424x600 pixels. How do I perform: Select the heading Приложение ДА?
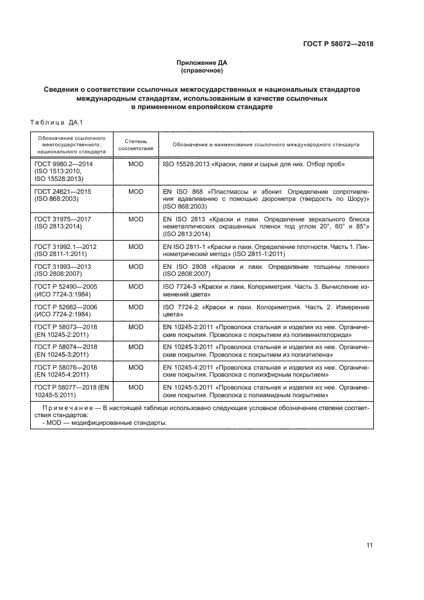[x=202, y=63]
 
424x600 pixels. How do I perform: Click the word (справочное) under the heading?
[x=202, y=71]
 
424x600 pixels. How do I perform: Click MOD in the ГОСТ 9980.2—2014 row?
[x=135, y=165]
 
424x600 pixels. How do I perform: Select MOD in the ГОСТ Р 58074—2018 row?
[x=135, y=347]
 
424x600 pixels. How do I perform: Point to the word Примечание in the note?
[x=62, y=408]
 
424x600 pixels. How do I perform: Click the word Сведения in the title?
[x=64, y=89]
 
